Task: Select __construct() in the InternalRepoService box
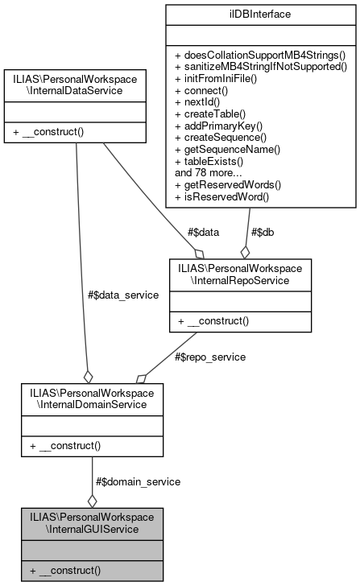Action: coord(214,320)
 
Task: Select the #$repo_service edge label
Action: coord(209,357)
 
